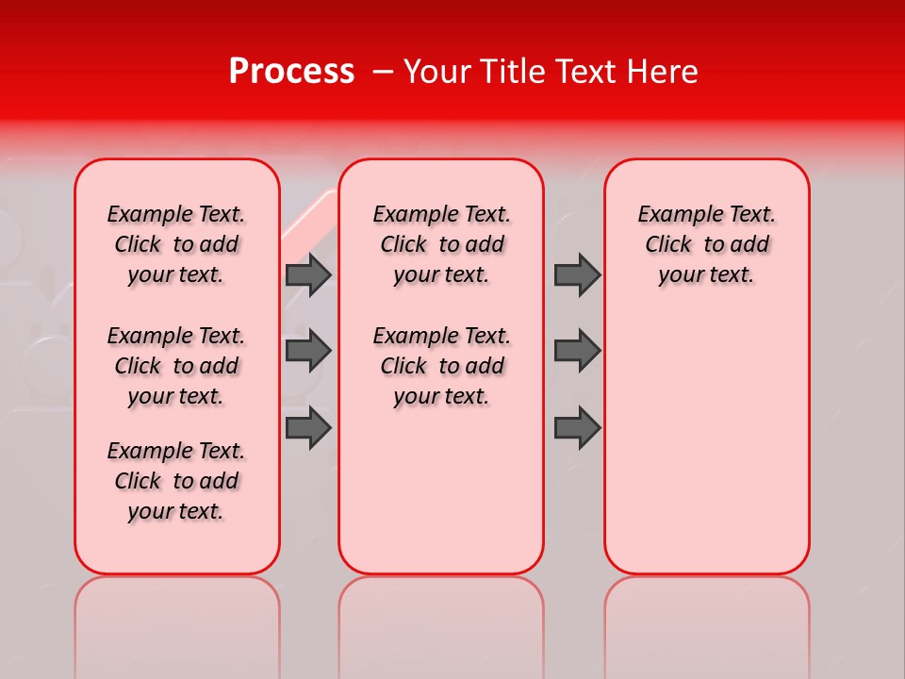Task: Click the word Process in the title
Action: (290, 72)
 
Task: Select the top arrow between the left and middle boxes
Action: (308, 274)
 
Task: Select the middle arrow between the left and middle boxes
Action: (308, 351)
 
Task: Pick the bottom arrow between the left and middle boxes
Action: (308, 427)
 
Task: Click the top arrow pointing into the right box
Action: (577, 274)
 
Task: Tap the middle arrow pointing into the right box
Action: (577, 351)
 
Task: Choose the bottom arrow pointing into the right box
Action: (577, 427)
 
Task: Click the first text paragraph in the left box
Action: (176, 244)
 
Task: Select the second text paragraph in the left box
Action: (176, 366)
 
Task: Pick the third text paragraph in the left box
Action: (176, 481)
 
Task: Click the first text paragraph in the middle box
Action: (441, 244)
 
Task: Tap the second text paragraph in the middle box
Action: (441, 366)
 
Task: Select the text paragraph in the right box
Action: (706, 244)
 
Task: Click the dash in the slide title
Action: (382, 72)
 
